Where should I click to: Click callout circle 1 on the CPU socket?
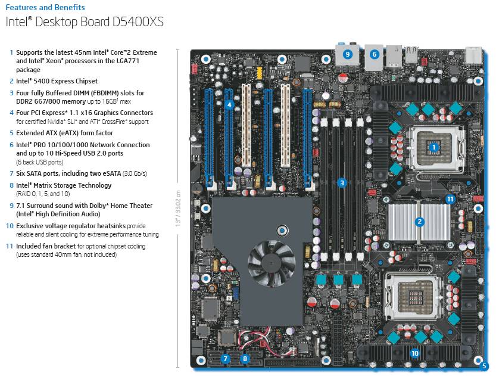[x=433, y=147]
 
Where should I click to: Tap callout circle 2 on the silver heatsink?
[x=420, y=222]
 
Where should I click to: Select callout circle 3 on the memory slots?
[x=342, y=183]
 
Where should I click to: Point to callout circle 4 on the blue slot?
[x=229, y=105]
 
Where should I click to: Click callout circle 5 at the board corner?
[x=484, y=366]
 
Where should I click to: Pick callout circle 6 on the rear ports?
[x=375, y=54]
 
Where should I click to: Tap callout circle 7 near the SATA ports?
[x=226, y=359]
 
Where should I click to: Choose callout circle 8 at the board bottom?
[x=245, y=359]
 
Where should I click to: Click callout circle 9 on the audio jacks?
[x=348, y=54]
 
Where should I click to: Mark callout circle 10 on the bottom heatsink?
[x=415, y=353]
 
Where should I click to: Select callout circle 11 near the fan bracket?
[x=450, y=199]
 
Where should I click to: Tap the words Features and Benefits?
[x=45, y=8]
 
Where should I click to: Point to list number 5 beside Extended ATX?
[x=11, y=133]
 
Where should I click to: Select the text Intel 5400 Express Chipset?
[x=57, y=81]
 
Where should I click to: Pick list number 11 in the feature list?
[x=10, y=246]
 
